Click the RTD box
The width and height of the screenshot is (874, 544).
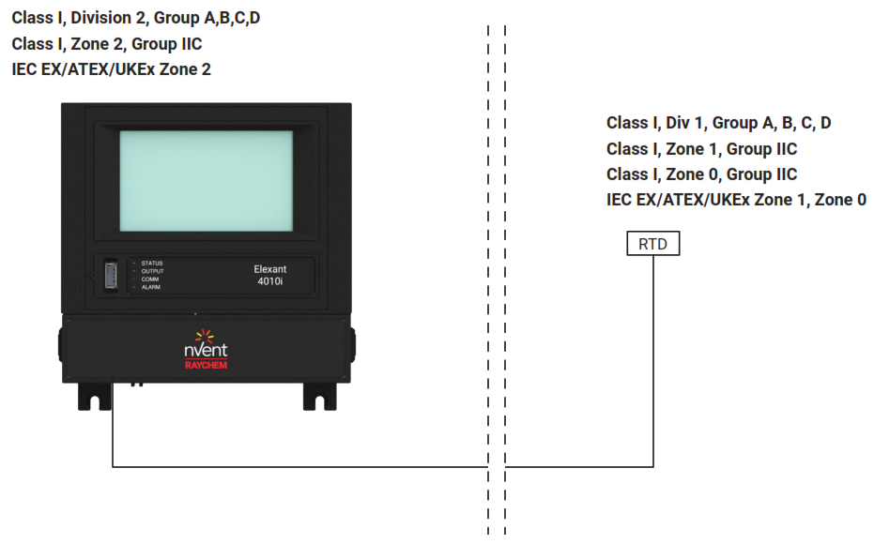(652, 244)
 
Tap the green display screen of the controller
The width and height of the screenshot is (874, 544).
(206, 180)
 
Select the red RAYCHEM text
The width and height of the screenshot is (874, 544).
(205, 366)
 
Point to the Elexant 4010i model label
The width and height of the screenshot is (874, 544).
(270, 275)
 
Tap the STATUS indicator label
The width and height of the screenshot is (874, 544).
(152, 264)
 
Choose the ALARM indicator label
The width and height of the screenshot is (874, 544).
(151, 287)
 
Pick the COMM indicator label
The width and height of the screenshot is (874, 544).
(150, 280)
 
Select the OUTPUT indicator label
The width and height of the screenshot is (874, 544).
(152, 271)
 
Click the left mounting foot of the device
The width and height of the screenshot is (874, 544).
(94, 397)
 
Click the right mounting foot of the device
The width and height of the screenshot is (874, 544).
(319, 397)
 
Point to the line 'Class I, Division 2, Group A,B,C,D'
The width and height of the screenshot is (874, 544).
(136, 18)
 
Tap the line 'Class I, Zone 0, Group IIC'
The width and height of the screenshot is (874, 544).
(701, 174)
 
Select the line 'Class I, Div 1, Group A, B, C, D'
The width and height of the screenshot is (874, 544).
(718, 123)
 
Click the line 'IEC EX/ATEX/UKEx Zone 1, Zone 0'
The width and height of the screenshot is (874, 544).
(736, 200)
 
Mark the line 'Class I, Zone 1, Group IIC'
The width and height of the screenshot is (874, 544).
(701, 149)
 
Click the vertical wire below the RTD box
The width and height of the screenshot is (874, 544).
(652, 356)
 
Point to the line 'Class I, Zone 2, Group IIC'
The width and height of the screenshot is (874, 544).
(107, 44)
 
